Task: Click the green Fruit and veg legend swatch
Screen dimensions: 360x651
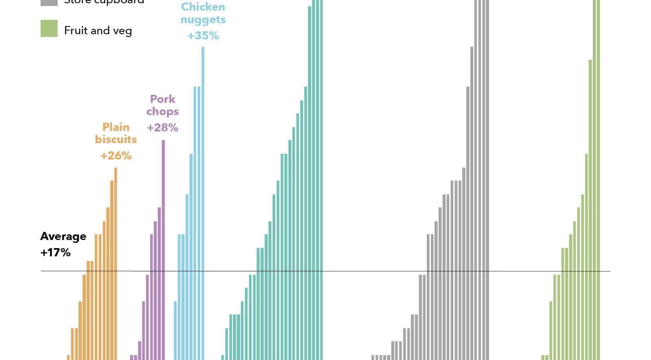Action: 49,28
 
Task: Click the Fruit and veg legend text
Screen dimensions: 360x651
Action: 98,31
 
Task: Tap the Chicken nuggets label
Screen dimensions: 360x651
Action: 203,13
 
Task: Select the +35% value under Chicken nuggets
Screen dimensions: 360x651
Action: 203,36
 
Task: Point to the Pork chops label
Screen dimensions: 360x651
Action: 162,105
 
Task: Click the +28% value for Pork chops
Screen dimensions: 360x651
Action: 162,128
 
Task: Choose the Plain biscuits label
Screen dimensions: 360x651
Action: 116,133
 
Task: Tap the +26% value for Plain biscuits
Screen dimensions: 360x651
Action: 116,156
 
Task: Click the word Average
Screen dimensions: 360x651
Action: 63,236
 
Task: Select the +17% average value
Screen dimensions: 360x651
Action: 55,253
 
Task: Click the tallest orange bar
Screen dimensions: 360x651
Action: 116,264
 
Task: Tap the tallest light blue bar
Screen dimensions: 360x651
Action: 203,203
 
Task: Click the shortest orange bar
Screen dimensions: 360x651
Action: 68,358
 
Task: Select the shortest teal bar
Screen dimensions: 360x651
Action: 223,358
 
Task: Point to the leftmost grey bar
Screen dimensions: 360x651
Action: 373,358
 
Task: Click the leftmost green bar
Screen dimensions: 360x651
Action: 543,358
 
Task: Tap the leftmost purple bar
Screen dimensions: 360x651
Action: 131,358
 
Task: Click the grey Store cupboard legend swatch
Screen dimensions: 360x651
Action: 49,2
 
